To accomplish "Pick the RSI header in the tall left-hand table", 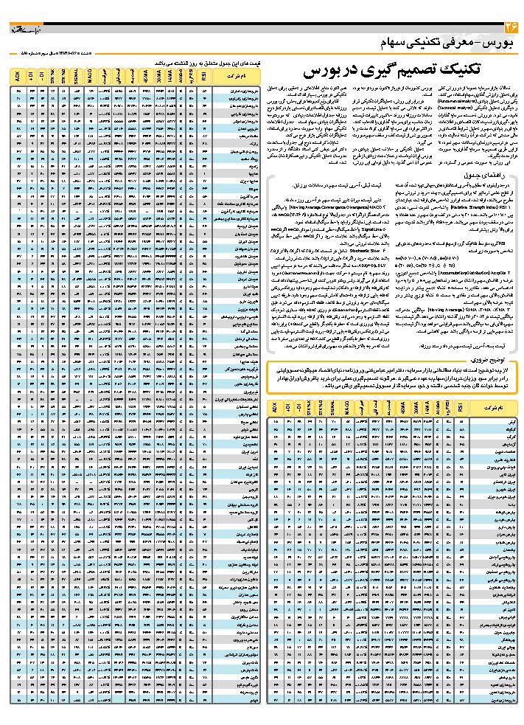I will (x=203, y=76).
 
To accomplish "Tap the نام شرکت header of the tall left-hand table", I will (x=239, y=76).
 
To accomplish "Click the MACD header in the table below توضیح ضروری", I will (x=346, y=406).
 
